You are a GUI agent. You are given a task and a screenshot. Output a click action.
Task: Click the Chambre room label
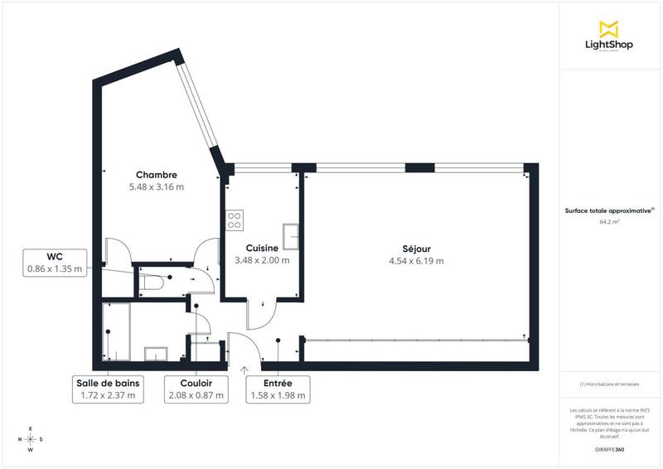point(157,175)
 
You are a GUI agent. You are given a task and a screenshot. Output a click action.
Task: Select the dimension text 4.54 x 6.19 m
point(416,261)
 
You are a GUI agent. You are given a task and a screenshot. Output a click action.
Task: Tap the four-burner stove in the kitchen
point(235,220)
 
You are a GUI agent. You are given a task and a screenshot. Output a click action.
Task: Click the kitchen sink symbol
point(291,236)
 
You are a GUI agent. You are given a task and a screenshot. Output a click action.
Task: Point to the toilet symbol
point(152,283)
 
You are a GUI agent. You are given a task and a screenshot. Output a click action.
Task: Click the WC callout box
point(56,263)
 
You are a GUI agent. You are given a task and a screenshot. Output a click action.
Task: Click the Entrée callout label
point(278,389)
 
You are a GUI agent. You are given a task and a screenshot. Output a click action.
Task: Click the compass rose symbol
point(31,439)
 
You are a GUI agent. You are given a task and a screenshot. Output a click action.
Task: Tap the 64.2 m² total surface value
point(609,222)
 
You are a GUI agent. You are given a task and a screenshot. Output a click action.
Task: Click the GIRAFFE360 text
point(609,448)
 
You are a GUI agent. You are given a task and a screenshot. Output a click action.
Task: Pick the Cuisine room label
point(261,248)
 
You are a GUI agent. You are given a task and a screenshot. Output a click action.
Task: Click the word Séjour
point(416,249)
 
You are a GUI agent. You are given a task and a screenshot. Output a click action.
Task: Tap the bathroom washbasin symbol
point(157,354)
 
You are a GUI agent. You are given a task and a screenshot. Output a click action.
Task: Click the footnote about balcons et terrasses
point(609,385)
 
